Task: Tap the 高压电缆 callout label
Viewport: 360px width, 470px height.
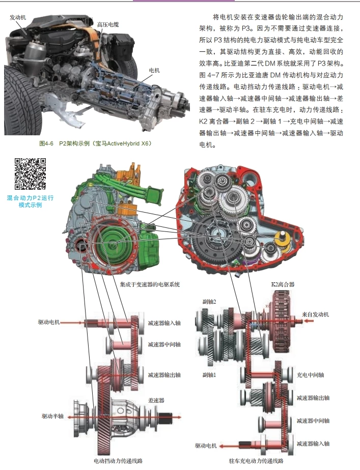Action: (107, 24)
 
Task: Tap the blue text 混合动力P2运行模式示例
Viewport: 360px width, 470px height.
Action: (30, 201)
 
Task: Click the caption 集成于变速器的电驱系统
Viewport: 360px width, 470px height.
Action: (150, 284)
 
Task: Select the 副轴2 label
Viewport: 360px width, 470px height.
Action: (209, 302)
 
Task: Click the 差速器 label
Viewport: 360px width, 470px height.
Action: (156, 401)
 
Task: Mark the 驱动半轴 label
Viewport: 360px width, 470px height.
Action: (53, 416)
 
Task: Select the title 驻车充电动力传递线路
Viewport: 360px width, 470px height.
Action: (256, 461)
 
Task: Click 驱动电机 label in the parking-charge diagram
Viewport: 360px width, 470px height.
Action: (206, 446)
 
